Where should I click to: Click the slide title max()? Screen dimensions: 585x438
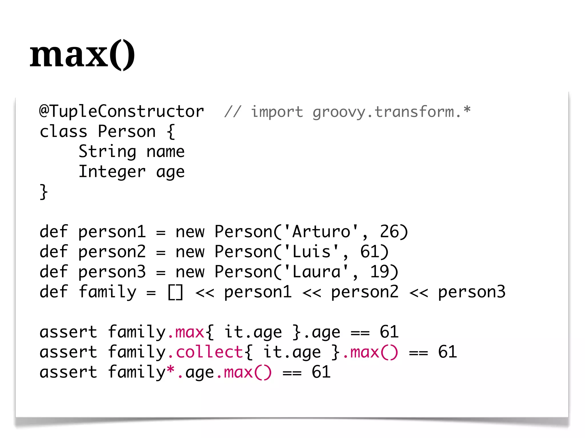pos(82,54)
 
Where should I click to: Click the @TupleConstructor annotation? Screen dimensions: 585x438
pos(122,111)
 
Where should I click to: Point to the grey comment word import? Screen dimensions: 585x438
pos(277,112)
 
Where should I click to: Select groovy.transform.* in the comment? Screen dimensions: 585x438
pos(391,112)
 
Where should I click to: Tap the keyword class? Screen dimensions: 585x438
pos(63,132)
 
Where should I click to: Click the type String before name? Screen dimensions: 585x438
pos(107,152)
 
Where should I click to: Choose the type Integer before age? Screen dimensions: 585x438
pos(112,172)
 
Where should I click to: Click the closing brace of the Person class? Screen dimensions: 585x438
pos(43,192)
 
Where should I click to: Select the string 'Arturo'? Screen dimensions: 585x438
pos(321,231)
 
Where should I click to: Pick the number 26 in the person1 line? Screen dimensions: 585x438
pos(389,231)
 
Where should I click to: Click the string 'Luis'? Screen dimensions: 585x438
pos(311,252)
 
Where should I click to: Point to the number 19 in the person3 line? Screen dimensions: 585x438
pos(379,272)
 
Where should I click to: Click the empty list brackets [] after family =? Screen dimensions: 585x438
pos(175,292)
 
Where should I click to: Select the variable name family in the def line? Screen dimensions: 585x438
pos(107,292)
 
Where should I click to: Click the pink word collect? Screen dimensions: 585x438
pos(209,352)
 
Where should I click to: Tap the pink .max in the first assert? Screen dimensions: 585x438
pos(186,332)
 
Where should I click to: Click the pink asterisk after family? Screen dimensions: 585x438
pos(171,370)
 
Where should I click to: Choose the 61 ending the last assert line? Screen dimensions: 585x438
pos(321,372)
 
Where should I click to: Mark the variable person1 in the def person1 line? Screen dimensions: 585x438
pos(112,232)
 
